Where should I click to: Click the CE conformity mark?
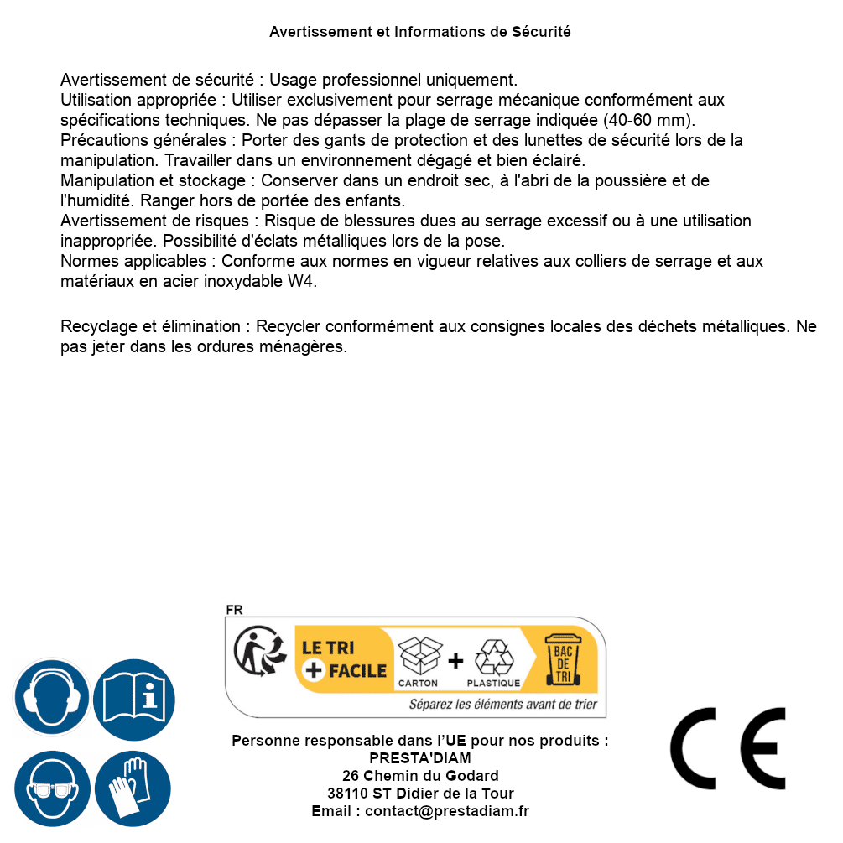(728, 749)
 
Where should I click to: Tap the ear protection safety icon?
(51, 696)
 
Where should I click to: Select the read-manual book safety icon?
(133, 697)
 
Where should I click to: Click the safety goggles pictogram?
(51, 788)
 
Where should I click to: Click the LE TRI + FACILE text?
(344, 659)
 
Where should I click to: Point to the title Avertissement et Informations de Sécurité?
(420, 32)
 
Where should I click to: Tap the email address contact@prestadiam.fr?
(447, 811)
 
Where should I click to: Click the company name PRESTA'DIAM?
(420, 758)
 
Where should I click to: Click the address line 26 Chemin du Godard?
(420, 776)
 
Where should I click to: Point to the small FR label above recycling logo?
(234, 610)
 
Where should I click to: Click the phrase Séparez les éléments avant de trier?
(502, 705)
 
